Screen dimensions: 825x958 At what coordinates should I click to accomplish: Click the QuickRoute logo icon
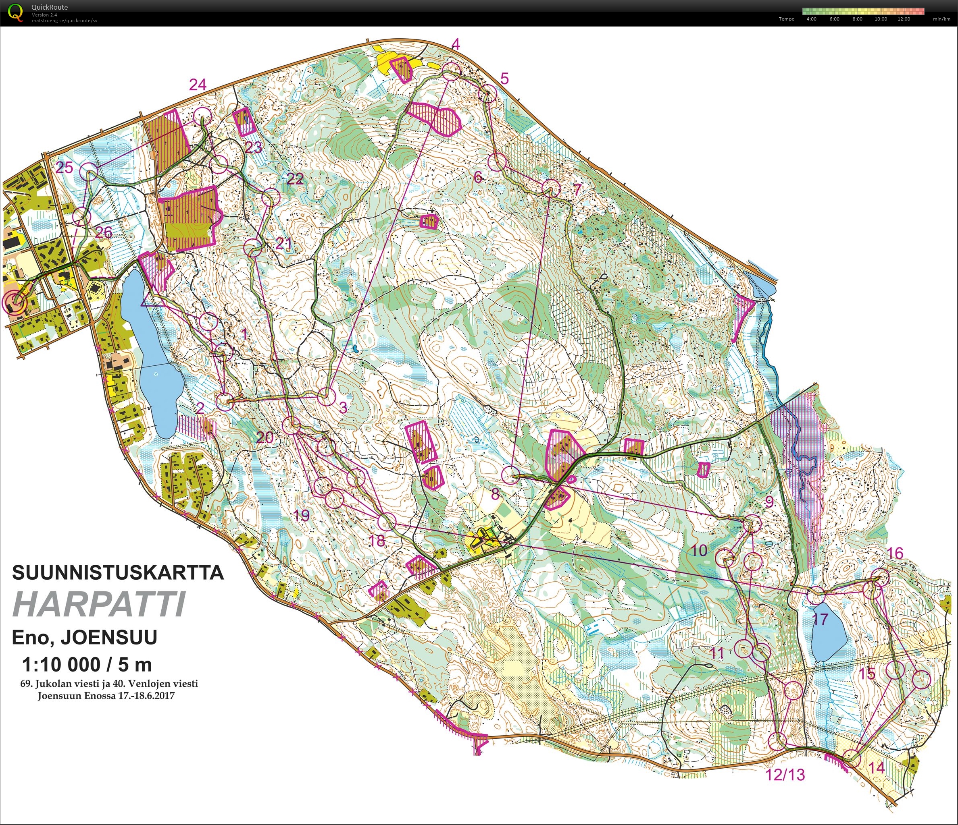coord(15,12)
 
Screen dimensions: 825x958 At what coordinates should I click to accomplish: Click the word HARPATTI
coord(100,604)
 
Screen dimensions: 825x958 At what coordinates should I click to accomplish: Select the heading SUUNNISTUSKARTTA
coord(118,573)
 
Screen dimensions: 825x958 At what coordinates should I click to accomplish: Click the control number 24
coord(198,85)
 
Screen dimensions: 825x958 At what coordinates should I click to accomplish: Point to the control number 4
coord(456,45)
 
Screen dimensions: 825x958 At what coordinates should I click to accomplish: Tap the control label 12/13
coord(785,774)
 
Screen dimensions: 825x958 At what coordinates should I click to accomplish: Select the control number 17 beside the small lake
coord(820,620)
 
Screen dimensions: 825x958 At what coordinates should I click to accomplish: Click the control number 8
coord(495,494)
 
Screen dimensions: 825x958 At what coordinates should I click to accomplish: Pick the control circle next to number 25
coord(89,172)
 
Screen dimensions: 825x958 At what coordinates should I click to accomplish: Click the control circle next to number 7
coord(551,189)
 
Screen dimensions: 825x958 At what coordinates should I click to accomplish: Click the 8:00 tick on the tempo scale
coord(857,19)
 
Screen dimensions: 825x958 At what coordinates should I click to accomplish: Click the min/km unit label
coord(941,19)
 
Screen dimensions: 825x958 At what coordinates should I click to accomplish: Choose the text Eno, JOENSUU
coord(85,637)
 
